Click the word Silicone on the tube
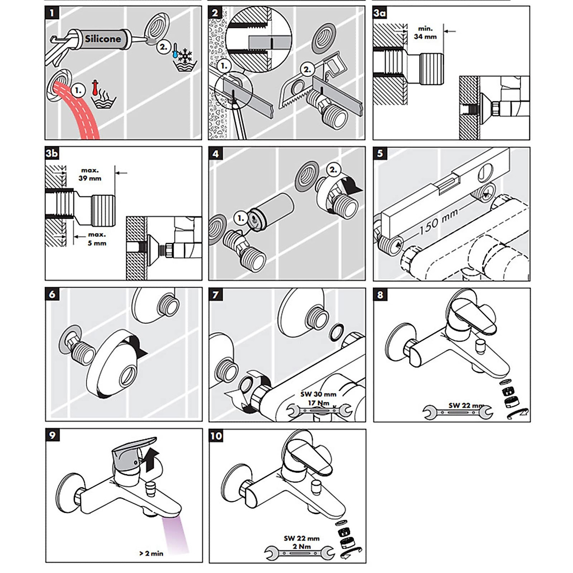tap(103, 39)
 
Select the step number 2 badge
tap(215, 13)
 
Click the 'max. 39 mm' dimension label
tap(90, 174)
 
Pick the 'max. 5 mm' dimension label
tap(96, 239)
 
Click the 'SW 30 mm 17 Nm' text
tap(318, 398)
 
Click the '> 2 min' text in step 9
tap(151, 553)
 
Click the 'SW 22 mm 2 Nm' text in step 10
tap(301, 542)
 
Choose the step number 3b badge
tap(52, 153)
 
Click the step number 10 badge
tap(216, 436)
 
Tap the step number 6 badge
tap(52, 294)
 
